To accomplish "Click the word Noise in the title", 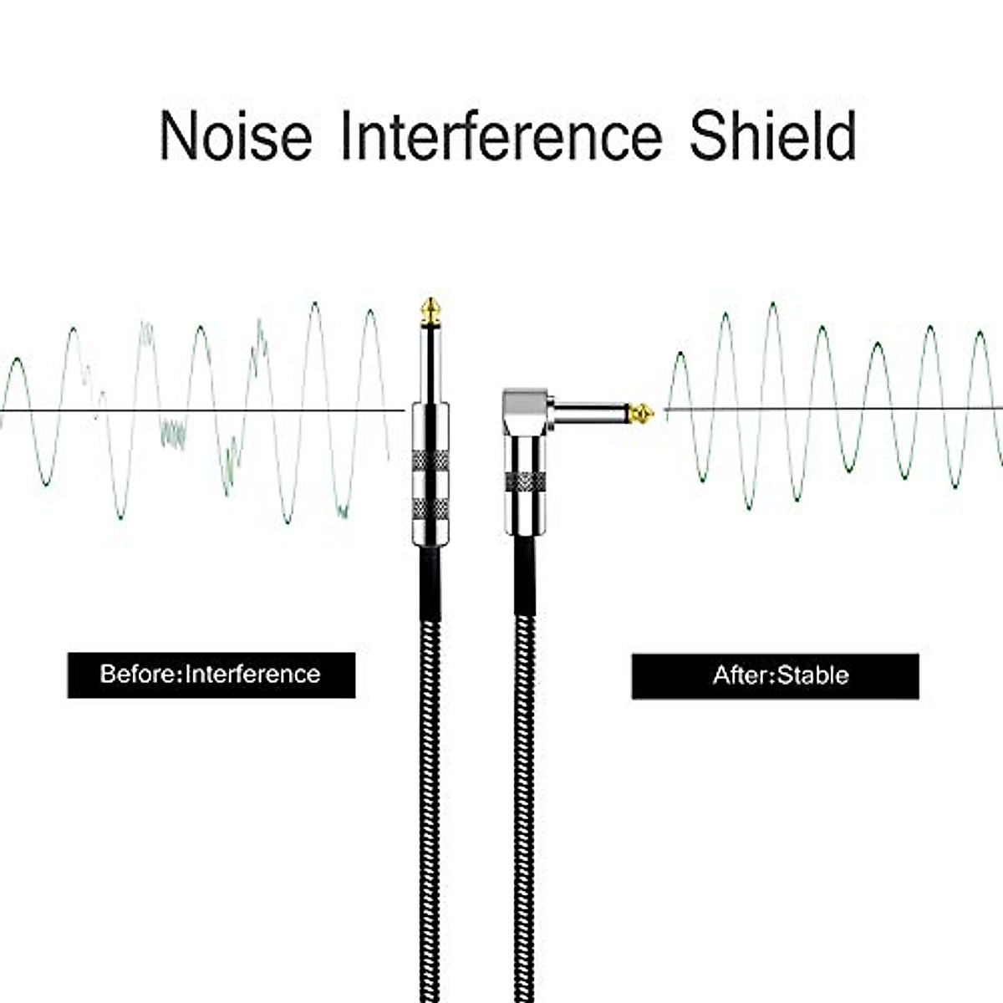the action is coord(236,135).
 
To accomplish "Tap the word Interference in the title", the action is coord(501,135).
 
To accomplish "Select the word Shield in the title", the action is coord(773,135).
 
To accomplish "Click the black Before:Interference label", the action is coord(211,675).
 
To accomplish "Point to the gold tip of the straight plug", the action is coord(430,311).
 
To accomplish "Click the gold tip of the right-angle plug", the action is coord(642,412).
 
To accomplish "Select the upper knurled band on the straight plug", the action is coord(430,460).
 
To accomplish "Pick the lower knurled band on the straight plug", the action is coord(430,508).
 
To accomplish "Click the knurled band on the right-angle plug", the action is coord(526,482).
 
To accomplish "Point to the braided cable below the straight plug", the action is coord(430,752).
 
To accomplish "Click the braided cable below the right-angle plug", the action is coord(524,752).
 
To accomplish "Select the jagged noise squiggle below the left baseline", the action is coord(173,433).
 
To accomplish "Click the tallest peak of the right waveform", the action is coord(772,306).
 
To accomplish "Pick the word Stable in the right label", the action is coord(812,675).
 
